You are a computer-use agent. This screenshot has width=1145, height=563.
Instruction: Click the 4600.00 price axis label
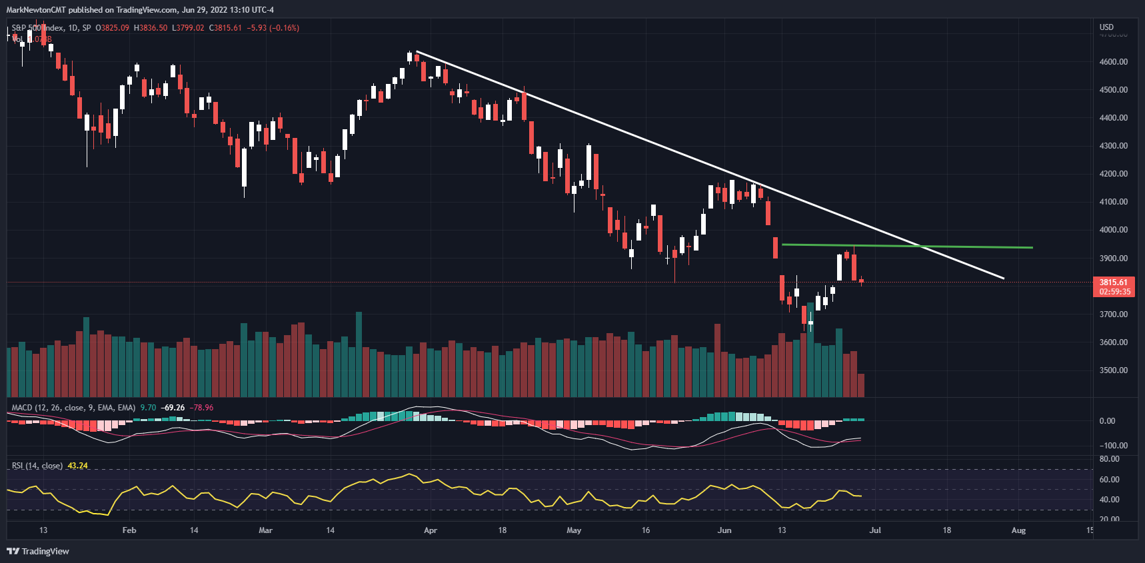pyautogui.click(x=1113, y=62)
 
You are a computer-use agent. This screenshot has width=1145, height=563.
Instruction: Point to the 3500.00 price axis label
pyautogui.click(x=1113, y=370)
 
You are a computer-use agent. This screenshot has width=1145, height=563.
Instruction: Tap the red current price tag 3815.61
pyautogui.click(x=1113, y=282)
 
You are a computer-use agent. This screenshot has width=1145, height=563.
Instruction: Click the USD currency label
pyautogui.click(x=1106, y=27)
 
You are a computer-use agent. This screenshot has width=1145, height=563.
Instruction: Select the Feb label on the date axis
pyautogui.click(x=129, y=530)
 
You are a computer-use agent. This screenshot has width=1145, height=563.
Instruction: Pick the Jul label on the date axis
pyautogui.click(x=875, y=530)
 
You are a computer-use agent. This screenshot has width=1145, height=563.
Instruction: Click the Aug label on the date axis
pyautogui.click(x=1018, y=530)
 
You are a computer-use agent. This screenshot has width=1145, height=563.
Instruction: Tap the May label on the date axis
pyautogui.click(x=574, y=530)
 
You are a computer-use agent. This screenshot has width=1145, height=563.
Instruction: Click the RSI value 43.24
pyautogui.click(x=77, y=466)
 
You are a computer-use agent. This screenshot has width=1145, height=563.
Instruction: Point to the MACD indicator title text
pyautogui.click(x=73, y=408)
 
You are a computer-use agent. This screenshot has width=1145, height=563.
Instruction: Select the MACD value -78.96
pyautogui.click(x=201, y=408)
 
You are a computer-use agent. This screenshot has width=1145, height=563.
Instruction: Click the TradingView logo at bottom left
pyautogui.click(x=38, y=551)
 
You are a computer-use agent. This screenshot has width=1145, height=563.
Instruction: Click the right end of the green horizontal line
pyautogui.click(x=1032, y=248)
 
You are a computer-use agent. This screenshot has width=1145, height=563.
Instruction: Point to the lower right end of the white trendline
pyautogui.click(x=1003, y=279)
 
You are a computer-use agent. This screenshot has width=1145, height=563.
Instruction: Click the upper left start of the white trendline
pyautogui.click(x=417, y=51)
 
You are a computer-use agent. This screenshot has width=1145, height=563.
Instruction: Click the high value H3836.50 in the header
pyautogui.click(x=150, y=28)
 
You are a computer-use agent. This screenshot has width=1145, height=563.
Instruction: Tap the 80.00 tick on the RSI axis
pyautogui.click(x=1109, y=459)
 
